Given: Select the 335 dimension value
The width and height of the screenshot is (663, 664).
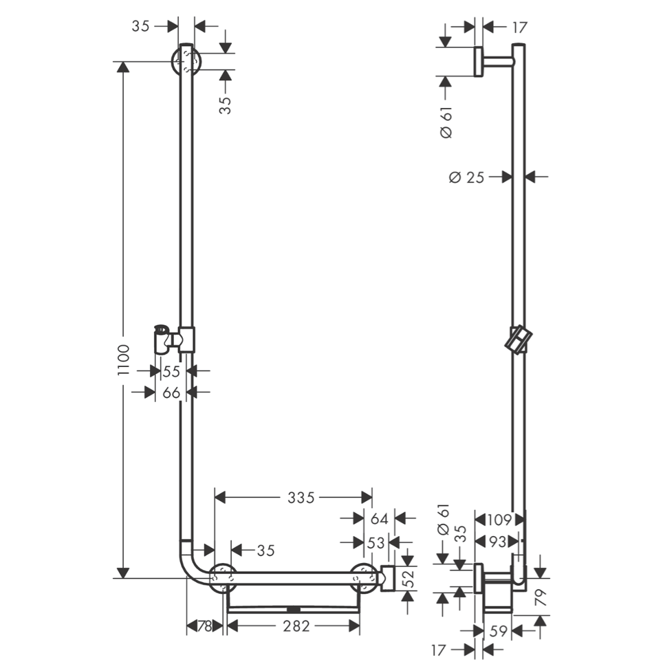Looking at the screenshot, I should click(301, 496).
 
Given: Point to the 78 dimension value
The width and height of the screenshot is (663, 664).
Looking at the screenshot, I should click(204, 626).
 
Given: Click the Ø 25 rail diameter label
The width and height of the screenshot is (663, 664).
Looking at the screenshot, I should click(466, 177).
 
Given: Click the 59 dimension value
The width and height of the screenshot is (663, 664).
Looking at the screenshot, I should click(499, 630).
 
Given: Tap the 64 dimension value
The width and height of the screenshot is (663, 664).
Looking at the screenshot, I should click(379, 519).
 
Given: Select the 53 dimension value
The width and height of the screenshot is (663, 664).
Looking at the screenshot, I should click(376, 542).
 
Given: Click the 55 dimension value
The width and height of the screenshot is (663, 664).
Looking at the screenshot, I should click(171, 371).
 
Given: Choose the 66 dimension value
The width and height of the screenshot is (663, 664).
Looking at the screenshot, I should click(171, 392).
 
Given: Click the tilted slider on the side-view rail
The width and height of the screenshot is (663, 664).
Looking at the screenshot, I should click(519, 338).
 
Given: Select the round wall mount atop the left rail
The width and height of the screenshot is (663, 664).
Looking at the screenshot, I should click(186, 63).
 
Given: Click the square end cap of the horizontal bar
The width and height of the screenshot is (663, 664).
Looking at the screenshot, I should click(387, 578).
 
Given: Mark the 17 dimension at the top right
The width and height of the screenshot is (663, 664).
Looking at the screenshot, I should click(519, 27).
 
